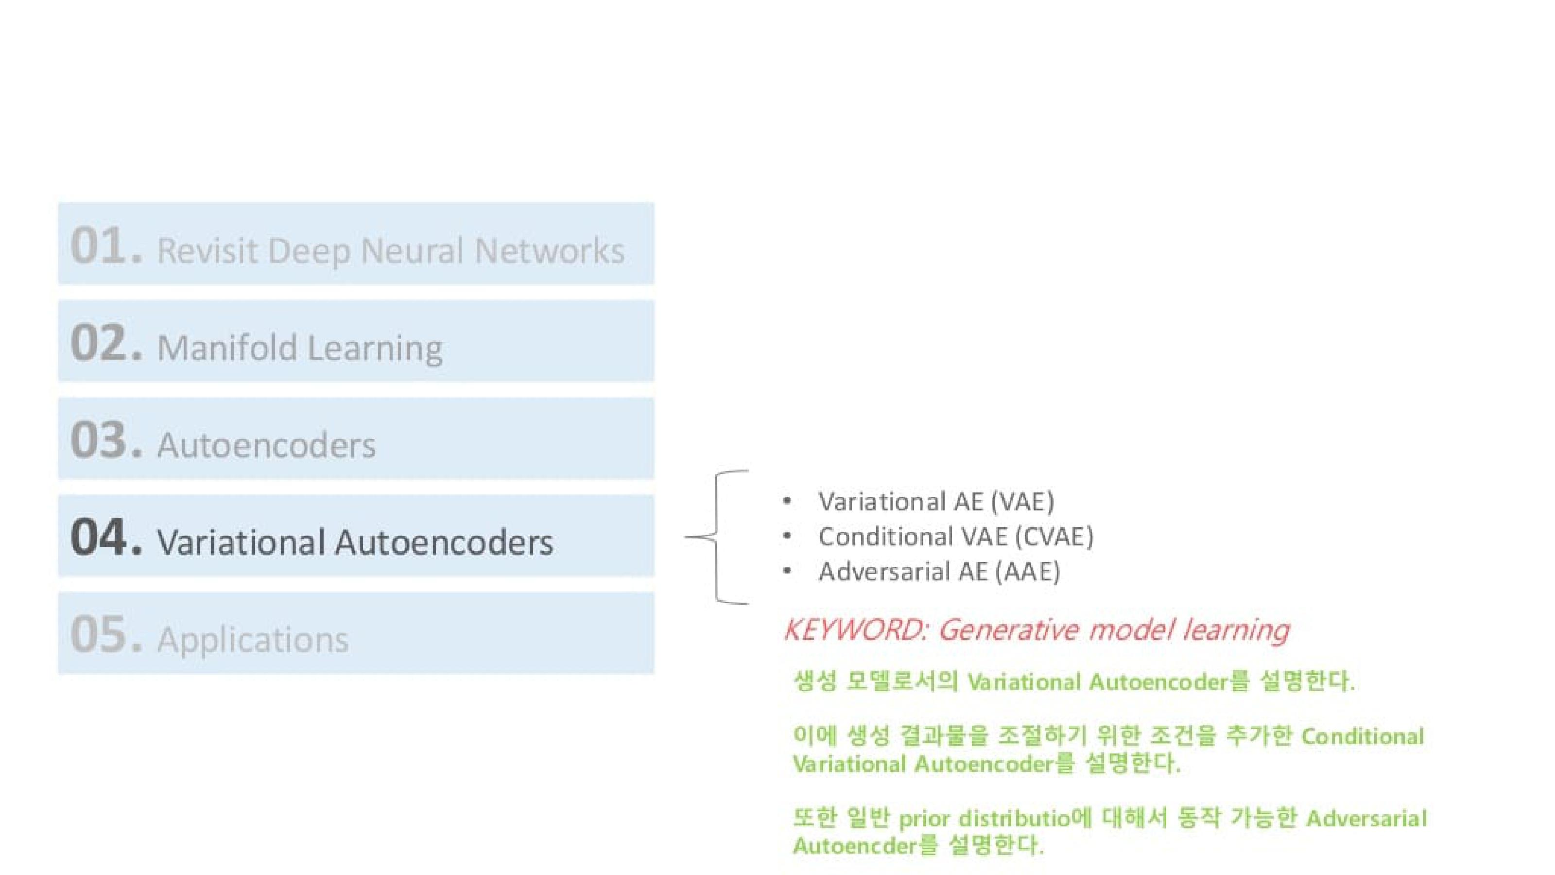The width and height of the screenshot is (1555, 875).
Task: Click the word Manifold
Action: (x=226, y=348)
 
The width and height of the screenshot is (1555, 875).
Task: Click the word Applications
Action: (x=252, y=640)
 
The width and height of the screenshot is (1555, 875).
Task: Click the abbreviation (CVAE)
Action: (x=1054, y=537)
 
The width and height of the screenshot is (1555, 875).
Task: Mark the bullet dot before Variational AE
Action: (x=787, y=501)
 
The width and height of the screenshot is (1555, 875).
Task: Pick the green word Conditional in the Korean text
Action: (x=1363, y=737)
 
